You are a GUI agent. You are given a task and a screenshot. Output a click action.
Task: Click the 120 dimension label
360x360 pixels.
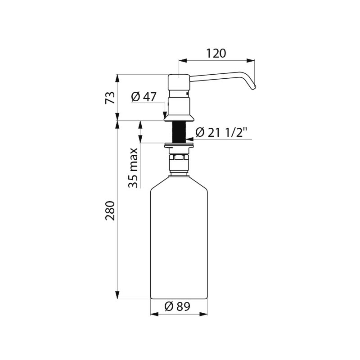coord(216,54)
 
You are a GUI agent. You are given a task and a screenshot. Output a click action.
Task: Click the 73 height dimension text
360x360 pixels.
coord(110,98)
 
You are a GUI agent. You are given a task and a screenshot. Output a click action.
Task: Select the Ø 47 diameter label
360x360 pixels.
coord(144,96)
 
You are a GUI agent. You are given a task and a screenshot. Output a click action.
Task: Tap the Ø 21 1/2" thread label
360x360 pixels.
coord(221,132)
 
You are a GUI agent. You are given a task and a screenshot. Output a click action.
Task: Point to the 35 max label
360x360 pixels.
coord(133,167)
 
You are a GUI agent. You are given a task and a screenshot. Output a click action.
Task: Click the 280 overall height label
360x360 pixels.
coord(110,210)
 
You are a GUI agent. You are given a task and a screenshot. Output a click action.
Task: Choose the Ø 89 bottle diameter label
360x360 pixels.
coord(177,306)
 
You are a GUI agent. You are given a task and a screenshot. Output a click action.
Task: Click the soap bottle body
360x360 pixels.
coord(179,243)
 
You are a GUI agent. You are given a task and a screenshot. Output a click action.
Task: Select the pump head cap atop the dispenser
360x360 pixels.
coord(179,82)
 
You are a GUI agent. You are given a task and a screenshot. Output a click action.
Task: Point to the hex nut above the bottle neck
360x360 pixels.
coord(179,157)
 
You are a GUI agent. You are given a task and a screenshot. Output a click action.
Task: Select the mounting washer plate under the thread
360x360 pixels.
coord(179,145)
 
